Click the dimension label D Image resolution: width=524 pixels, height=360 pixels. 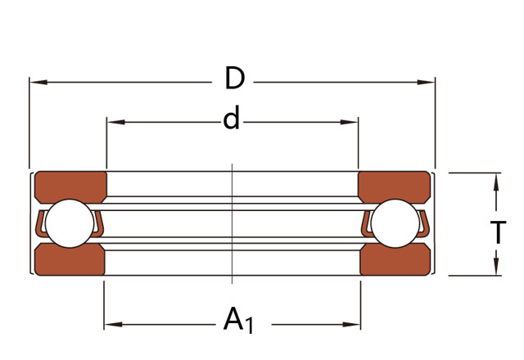tap(235, 78)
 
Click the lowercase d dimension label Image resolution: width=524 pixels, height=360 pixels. tap(231, 118)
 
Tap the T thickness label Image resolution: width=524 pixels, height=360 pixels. tap(498, 232)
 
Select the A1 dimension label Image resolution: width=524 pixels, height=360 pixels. tap(238, 320)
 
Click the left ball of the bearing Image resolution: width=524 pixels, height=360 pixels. tap(70, 223)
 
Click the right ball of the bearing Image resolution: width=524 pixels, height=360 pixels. tap(395, 223)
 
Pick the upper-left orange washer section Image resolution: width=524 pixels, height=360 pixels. tap(71, 187)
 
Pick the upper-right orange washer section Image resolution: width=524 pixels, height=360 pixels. tap(395, 187)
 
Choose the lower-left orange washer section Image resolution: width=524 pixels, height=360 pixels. tap(70, 259)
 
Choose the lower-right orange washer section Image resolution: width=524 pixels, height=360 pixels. tap(395, 259)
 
